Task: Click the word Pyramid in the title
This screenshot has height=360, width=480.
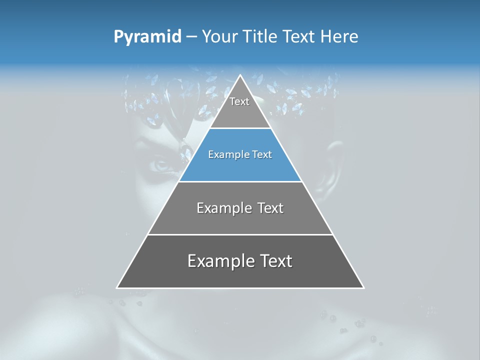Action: [x=147, y=37]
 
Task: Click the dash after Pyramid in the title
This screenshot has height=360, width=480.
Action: [x=191, y=37]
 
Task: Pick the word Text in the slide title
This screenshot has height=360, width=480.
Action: [x=300, y=37]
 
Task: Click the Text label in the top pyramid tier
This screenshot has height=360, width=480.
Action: [x=239, y=102]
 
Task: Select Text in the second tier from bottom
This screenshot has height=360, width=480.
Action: [x=270, y=208]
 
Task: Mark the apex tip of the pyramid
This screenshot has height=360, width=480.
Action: [x=240, y=76]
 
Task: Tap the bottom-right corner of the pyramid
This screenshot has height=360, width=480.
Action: [x=363, y=287]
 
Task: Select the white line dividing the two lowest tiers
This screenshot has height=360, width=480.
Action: [x=240, y=234]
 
